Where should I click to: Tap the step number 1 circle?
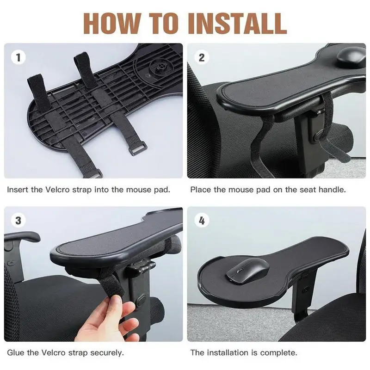pyautogui.click(x=18, y=58)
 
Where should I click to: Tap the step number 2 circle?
pyautogui.click(x=202, y=58)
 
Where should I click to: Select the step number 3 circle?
pyautogui.click(x=18, y=221)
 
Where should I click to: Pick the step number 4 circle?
pyautogui.click(x=202, y=221)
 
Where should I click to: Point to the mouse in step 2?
pyautogui.click(x=351, y=56)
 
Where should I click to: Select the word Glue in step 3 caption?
pyautogui.click(x=15, y=352)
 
